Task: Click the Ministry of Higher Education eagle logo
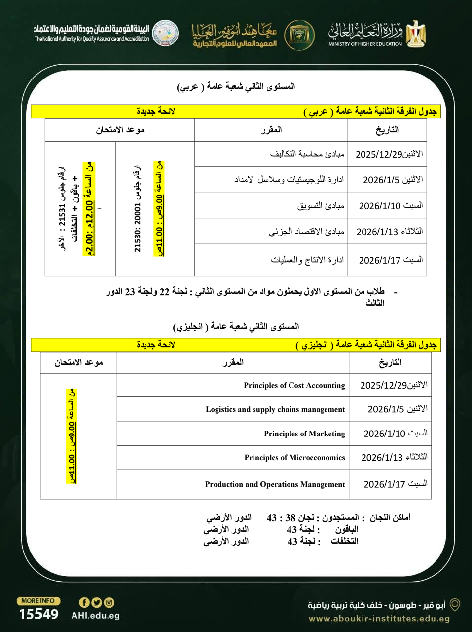click(x=416, y=34)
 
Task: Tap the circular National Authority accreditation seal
click(x=165, y=33)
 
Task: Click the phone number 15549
click(x=38, y=614)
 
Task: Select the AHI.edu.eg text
click(x=95, y=616)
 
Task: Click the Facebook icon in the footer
click(x=84, y=602)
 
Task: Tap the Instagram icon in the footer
click(x=109, y=602)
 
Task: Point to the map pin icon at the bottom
click(x=455, y=605)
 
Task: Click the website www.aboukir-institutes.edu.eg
click(x=379, y=619)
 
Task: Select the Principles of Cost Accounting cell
click(x=294, y=385)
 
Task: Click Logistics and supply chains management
click(x=275, y=409)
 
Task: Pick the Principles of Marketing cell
click(x=304, y=434)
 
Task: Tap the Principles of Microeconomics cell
click(x=294, y=458)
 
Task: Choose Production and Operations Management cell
click(x=275, y=484)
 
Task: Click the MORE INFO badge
click(x=38, y=601)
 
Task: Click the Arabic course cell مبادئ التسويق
click(x=321, y=205)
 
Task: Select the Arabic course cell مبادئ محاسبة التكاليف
click(x=307, y=154)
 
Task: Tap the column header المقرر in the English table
click(x=233, y=362)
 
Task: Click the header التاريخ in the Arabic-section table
click(x=387, y=130)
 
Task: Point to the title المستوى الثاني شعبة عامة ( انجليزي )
click(x=236, y=326)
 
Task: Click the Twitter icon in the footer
click(x=97, y=602)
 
